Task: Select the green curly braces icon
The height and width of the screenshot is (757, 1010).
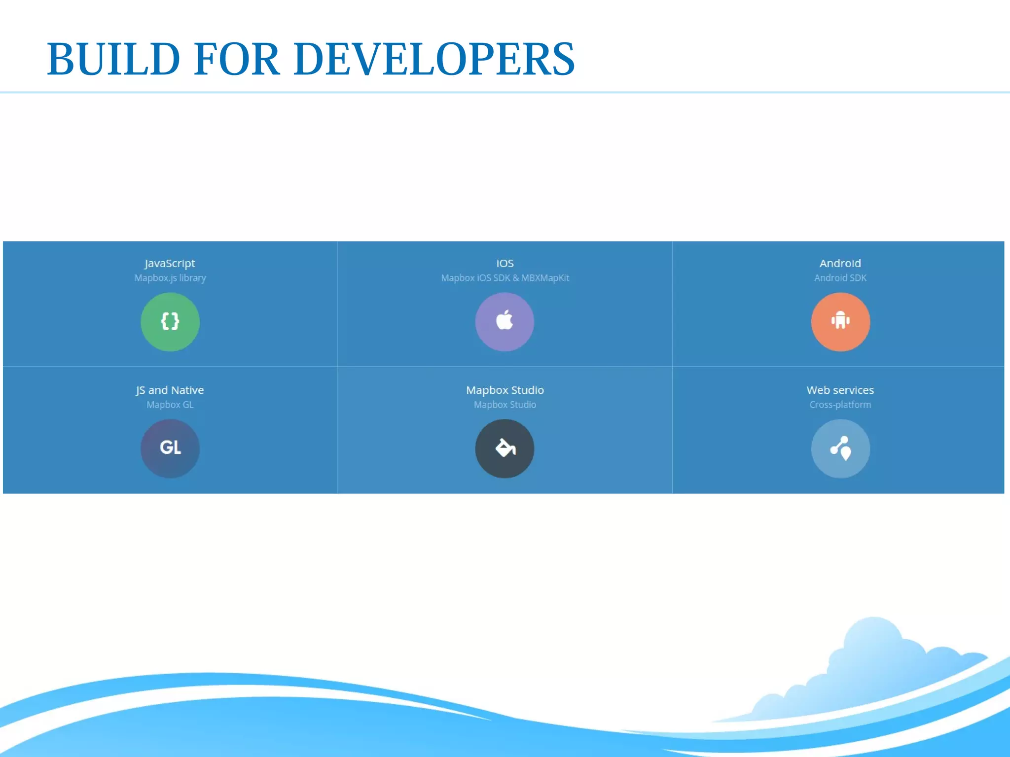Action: click(170, 321)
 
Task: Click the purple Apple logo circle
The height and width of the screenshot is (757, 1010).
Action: click(505, 321)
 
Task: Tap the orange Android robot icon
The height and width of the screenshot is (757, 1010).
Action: click(840, 321)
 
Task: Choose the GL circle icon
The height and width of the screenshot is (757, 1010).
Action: click(170, 448)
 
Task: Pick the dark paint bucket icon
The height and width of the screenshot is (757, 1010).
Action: click(505, 448)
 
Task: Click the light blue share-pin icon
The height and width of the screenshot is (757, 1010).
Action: click(840, 448)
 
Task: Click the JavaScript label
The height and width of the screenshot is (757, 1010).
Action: click(170, 263)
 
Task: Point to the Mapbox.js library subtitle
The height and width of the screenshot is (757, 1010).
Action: click(170, 278)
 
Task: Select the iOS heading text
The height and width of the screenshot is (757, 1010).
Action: click(505, 263)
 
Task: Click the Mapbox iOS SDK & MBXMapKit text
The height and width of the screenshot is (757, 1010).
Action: click(505, 278)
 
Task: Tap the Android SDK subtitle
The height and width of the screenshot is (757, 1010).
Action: click(840, 278)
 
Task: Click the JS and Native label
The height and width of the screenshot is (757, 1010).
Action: click(170, 390)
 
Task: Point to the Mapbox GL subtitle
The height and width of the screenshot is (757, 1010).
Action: click(170, 405)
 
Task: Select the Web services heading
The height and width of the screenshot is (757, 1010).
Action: click(840, 390)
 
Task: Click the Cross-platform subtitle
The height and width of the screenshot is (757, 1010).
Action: click(840, 405)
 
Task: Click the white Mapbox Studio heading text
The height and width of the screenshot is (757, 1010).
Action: click(505, 390)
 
